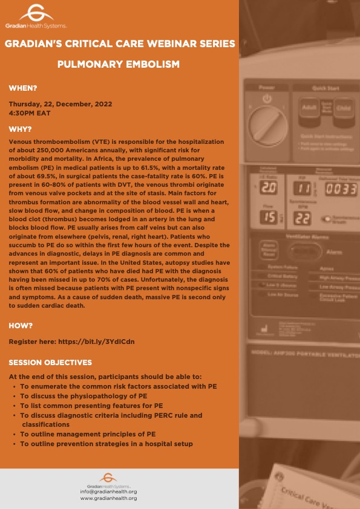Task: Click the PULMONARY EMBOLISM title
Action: click(118, 63)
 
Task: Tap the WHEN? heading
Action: click(24, 89)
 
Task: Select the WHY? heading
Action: click(21, 129)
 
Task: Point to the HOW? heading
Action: click(21, 326)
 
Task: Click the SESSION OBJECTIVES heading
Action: click(50, 363)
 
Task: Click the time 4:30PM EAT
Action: click(29, 112)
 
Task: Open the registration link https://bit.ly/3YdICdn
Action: click(96, 342)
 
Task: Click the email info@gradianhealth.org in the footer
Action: click(108, 492)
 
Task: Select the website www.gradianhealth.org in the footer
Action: click(108, 498)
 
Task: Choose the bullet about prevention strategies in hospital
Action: click(106, 444)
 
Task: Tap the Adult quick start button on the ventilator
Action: click(309, 108)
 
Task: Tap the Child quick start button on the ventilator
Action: click(342, 108)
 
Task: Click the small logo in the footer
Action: click(108, 478)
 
